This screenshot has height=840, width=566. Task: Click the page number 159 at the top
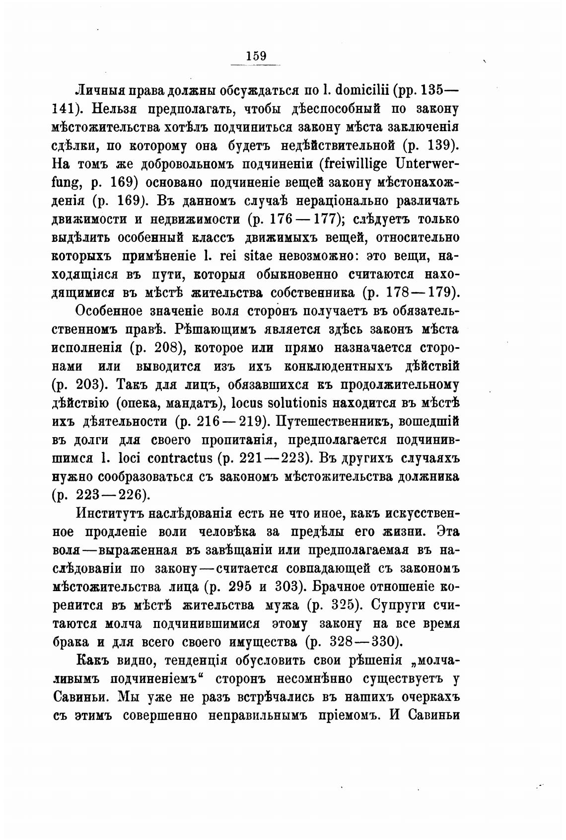[x=256, y=56]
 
